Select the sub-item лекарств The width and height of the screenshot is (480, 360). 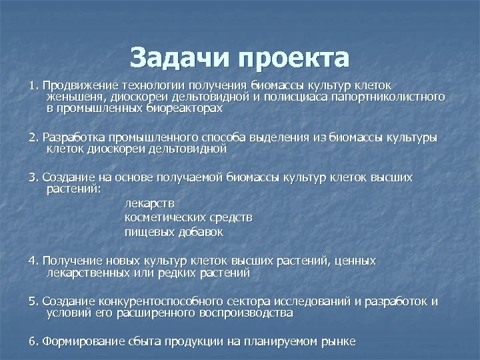(x=150, y=203)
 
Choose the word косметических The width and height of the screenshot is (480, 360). (x=164, y=218)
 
